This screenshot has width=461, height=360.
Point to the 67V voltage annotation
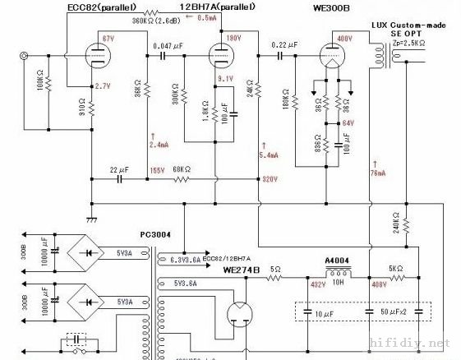[x=108, y=39]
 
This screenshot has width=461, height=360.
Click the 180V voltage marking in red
[x=233, y=39]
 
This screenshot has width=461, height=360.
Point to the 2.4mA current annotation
[x=157, y=144]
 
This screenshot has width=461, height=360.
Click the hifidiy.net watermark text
[x=420, y=341]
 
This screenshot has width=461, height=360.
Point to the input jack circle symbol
[x=25, y=57]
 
